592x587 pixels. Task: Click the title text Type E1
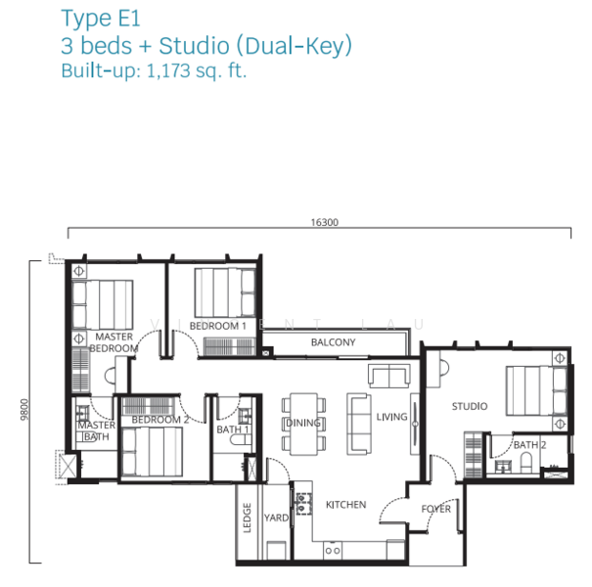point(101,19)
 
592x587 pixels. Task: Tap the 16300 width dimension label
point(324,222)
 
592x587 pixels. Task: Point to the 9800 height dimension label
point(24,409)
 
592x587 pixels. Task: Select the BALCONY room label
point(333,342)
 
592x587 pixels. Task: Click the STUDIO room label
point(470,406)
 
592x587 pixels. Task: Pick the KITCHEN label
point(345,505)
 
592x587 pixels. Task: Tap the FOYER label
point(435,509)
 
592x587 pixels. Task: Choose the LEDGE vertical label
point(247,518)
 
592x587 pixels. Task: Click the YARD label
point(276,518)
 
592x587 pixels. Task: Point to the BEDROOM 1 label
point(217,326)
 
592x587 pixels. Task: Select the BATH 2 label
point(529,445)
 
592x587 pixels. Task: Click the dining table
point(303,424)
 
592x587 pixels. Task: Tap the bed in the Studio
point(536,390)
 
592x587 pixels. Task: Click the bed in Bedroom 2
point(152,451)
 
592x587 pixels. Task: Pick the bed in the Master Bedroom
point(103,304)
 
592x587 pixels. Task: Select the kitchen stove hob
point(303,504)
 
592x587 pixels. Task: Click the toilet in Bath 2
point(525,463)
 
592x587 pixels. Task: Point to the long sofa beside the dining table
point(359,424)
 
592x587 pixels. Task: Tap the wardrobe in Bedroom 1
point(229,346)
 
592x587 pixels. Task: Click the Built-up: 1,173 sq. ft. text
point(154,71)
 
